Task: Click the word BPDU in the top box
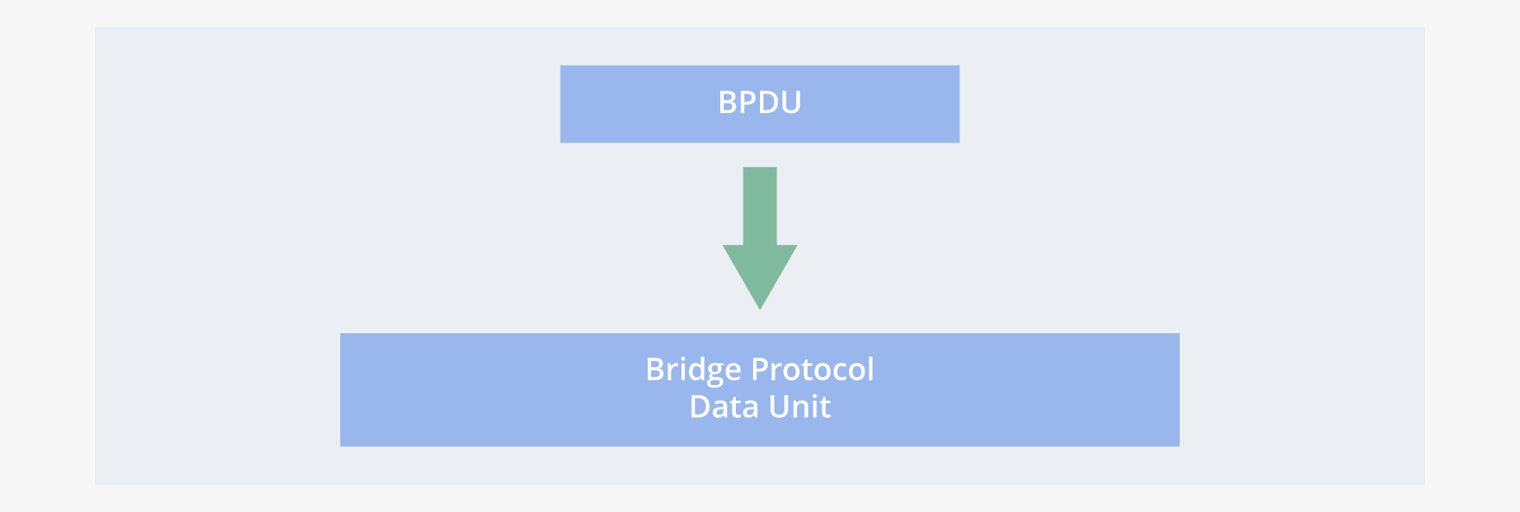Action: point(760,103)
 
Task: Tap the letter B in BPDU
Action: point(728,103)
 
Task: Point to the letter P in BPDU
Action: point(749,103)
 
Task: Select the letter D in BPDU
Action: point(769,103)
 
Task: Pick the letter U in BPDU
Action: point(791,103)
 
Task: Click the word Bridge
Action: point(693,370)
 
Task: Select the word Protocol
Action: point(813,370)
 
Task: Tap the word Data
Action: point(723,407)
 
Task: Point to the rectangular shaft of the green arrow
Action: point(760,205)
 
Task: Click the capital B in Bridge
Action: point(655,370)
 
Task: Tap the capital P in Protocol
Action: point(759,370)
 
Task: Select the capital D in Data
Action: point(700,407)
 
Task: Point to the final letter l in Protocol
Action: point(871,369)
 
